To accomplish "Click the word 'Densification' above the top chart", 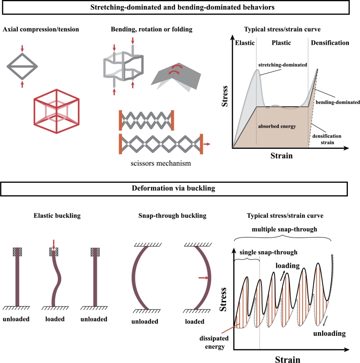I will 331,42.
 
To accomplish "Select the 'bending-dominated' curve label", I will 335,101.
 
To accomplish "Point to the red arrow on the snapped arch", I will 202,278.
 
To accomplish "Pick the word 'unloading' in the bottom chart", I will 335,334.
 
